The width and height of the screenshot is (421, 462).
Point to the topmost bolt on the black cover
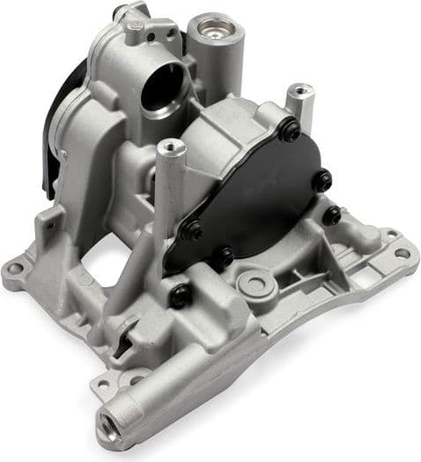[x=288, y=130]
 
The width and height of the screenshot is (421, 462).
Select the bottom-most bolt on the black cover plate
[x=225, y=257]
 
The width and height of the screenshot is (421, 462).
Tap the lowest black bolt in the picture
[x=179, y=296]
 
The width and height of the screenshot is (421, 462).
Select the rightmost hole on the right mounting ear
[x=402, y=253]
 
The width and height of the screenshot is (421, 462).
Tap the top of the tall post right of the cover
[x=300, y=90]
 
